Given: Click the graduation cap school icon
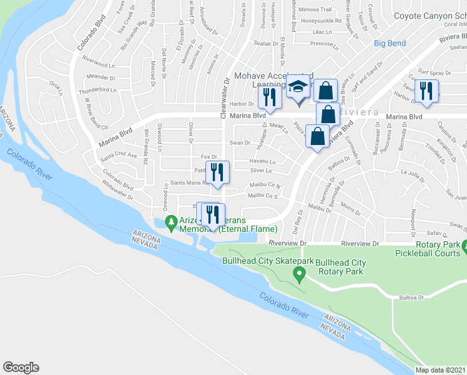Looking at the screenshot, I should (x=298, y=87).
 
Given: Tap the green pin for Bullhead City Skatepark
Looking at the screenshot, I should (x=299, y=273).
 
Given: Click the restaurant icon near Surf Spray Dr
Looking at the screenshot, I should (x=426, y=90).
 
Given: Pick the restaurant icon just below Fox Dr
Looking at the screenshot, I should (x=217, y=171).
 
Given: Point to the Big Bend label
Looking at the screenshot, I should (x=390, y=43).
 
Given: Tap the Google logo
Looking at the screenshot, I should (x=21, y=367).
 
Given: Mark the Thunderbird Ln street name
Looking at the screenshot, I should (x=99, y=90).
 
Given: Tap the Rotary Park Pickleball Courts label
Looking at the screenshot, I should (x=431, y=248).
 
